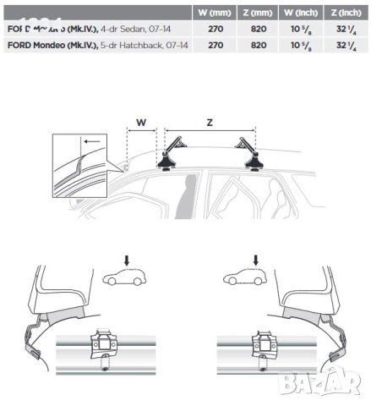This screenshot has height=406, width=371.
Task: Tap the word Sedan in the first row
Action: (118, 30)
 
